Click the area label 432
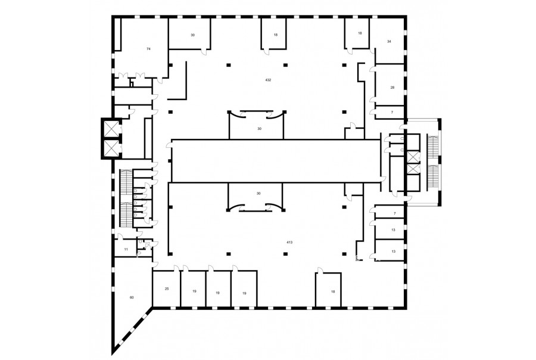(268, 80)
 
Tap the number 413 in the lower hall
(289, 242)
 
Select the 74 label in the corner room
(148, 49)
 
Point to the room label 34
(389, 41)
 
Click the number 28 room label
(392, 88)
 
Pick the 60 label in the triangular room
(132, 297)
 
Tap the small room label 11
(126, 250)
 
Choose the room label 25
(167, 289)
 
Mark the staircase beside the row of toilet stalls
(126, 198)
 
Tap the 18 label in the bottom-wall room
(333, 291)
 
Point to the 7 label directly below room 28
(392, 112)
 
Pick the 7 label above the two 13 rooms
(394, 213)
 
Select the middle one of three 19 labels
(217, 293)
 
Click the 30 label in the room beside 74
(192, 35)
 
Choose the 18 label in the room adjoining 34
(360, 33)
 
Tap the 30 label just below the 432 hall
(260, 129)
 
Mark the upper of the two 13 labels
(393, 230)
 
